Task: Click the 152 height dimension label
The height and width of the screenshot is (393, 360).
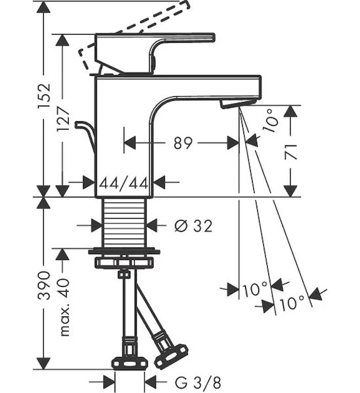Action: pos(45,96)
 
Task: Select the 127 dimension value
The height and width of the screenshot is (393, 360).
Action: pos(63,119)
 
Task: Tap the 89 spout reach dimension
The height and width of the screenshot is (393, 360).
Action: pos(183,143)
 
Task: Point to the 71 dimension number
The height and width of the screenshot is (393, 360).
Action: pos(291,152)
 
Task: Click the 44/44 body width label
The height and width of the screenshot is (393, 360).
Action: pos(124,183)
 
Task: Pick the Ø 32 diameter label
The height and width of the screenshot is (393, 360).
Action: pos(193,225)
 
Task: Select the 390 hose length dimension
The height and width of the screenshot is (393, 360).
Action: pos(45,285)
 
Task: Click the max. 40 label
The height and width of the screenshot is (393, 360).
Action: pos(64,307)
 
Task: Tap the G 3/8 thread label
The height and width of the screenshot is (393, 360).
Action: pos(198,383)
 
